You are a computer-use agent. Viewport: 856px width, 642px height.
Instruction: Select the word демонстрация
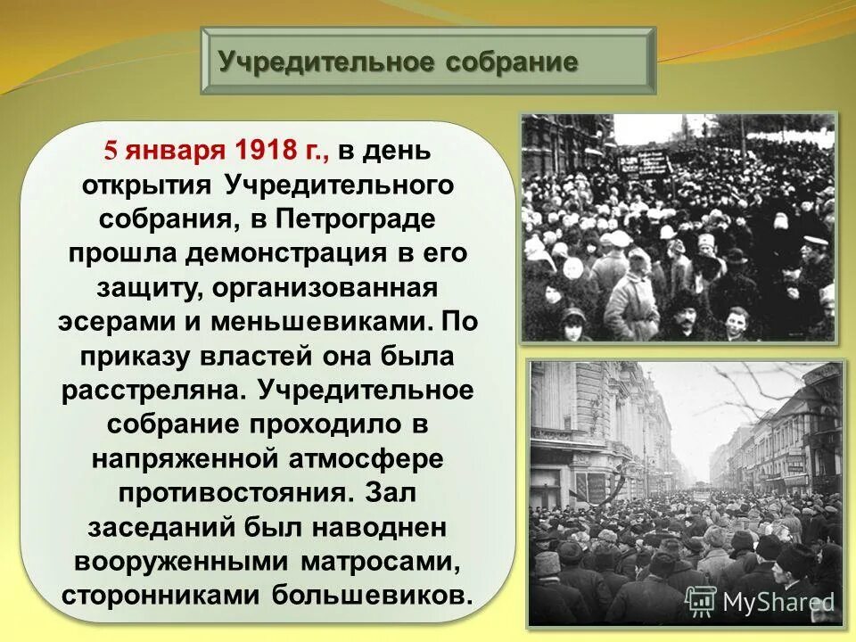[x=287, y=253]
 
